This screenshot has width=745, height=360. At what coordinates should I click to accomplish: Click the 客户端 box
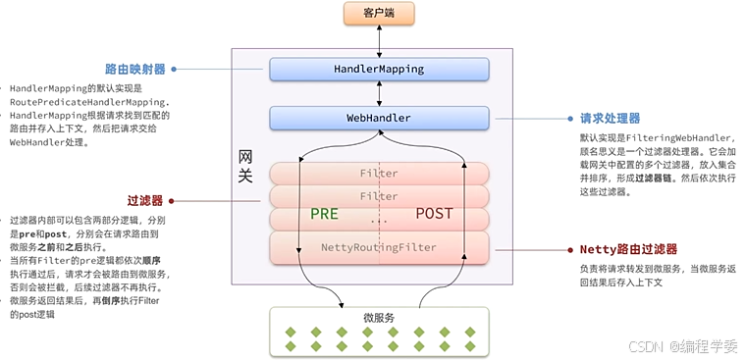[x=379, y=14]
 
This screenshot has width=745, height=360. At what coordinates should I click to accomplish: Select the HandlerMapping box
[x=379, y=70]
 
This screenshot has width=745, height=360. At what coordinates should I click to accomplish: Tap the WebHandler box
[x=379, y=119]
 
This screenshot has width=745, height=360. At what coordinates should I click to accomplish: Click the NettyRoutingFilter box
[x=379, y=247]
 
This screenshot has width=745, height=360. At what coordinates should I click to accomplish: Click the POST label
[x=434, y=214]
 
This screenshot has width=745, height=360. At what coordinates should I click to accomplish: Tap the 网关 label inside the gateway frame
[x=248, y=166]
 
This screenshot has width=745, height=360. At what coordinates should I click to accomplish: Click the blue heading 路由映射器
[x=134, y=70]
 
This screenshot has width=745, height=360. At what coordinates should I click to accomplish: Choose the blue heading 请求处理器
[x=612, y=119]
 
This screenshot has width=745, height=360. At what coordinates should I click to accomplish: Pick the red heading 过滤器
[x=144, y=199]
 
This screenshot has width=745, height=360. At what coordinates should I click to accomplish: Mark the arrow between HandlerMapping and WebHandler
[x=379, y=94]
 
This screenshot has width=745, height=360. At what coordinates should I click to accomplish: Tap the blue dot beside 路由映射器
[x=174, y=70]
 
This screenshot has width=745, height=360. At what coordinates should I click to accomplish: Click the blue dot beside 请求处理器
[x=569, y=119]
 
